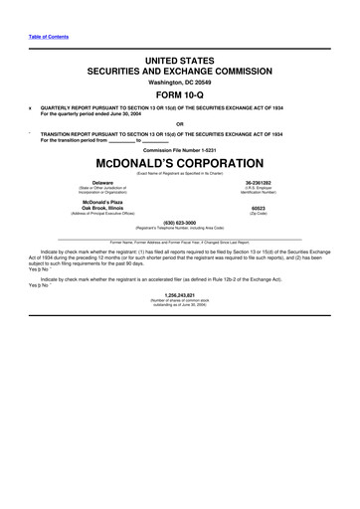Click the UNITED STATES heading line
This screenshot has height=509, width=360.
click(179, 61)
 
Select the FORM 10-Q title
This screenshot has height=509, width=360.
click(179, 96)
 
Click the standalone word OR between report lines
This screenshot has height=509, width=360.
click(179, 124)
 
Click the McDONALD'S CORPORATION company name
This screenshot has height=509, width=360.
click(179, 162)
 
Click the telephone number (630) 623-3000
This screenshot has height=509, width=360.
click(179, 223)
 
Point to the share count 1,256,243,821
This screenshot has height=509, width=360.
click(179, 295)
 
